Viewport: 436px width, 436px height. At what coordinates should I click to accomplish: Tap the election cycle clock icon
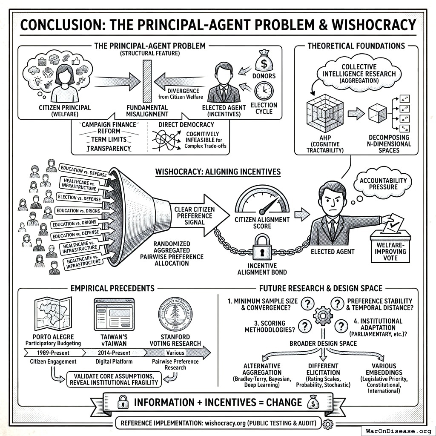point(264,91)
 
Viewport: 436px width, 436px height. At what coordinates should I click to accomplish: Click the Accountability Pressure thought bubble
point(383,184)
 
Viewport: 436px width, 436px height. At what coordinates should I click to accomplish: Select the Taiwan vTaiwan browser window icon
point(114,315)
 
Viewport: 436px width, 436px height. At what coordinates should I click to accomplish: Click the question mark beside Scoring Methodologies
point(304,327)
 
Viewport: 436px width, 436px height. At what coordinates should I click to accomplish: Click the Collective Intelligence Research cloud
point(359,73)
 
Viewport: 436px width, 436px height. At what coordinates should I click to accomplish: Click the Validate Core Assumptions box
point(115,379)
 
